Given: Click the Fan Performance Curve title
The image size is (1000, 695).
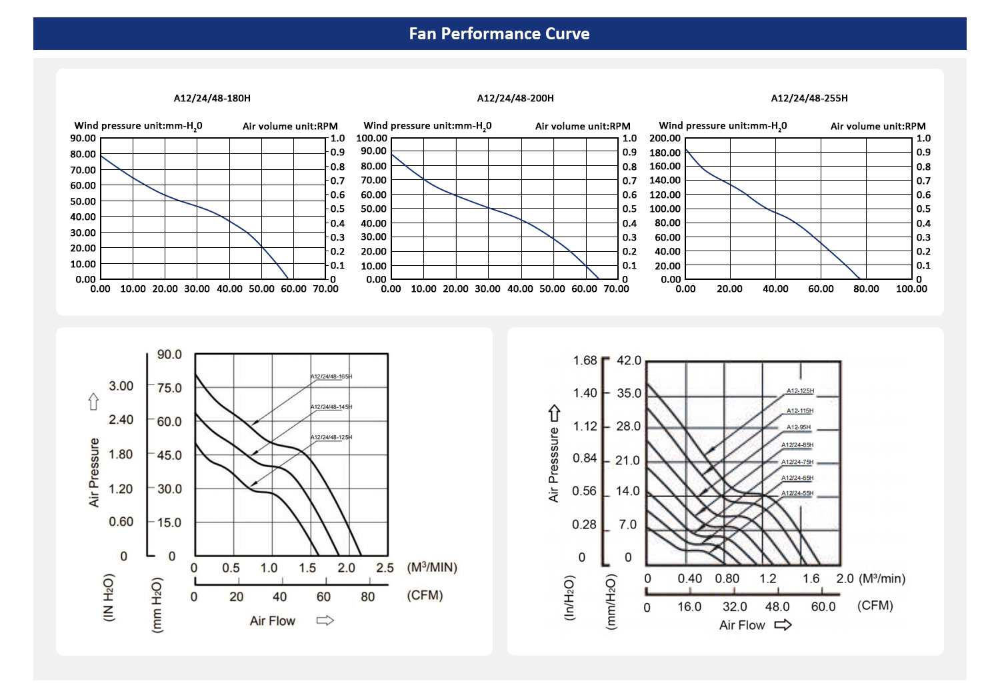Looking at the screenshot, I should click(499, 34).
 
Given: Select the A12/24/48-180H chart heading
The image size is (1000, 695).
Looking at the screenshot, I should click(212, 98).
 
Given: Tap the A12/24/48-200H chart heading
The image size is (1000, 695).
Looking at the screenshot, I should click(515, 98).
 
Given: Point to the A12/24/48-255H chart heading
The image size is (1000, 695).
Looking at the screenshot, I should click(809, 98).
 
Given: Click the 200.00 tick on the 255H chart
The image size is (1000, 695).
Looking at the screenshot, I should click(665, 139).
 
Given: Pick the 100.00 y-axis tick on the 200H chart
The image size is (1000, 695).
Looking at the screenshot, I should click(371, 139).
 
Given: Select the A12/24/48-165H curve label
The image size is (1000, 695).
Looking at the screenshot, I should click(331, 376).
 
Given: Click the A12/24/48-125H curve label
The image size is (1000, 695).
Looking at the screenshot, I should click(331, 437).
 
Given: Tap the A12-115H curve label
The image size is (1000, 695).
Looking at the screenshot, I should click(800, 411).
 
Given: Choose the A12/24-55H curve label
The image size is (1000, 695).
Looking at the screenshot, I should click(797, 494).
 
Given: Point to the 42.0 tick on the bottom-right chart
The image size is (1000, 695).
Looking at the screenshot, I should click(629, 360).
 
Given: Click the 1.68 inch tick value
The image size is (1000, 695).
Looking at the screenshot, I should click(585, 360).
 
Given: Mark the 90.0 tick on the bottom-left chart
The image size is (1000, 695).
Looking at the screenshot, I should click(169, 354).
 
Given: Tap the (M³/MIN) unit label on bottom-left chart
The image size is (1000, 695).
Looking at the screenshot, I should click(432, 568).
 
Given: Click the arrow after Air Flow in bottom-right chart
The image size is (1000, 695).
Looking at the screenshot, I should click(783, 625).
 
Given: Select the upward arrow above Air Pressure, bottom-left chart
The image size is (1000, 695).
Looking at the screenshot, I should click(93, 402).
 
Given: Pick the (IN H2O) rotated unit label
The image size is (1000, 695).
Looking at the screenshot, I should click(109, 598).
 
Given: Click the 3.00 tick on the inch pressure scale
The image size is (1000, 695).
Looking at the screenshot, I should click(121, 386).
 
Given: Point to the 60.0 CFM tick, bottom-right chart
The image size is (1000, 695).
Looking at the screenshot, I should click(823, 606).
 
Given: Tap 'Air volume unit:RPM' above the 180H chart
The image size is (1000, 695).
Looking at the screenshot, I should click(290, 126).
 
